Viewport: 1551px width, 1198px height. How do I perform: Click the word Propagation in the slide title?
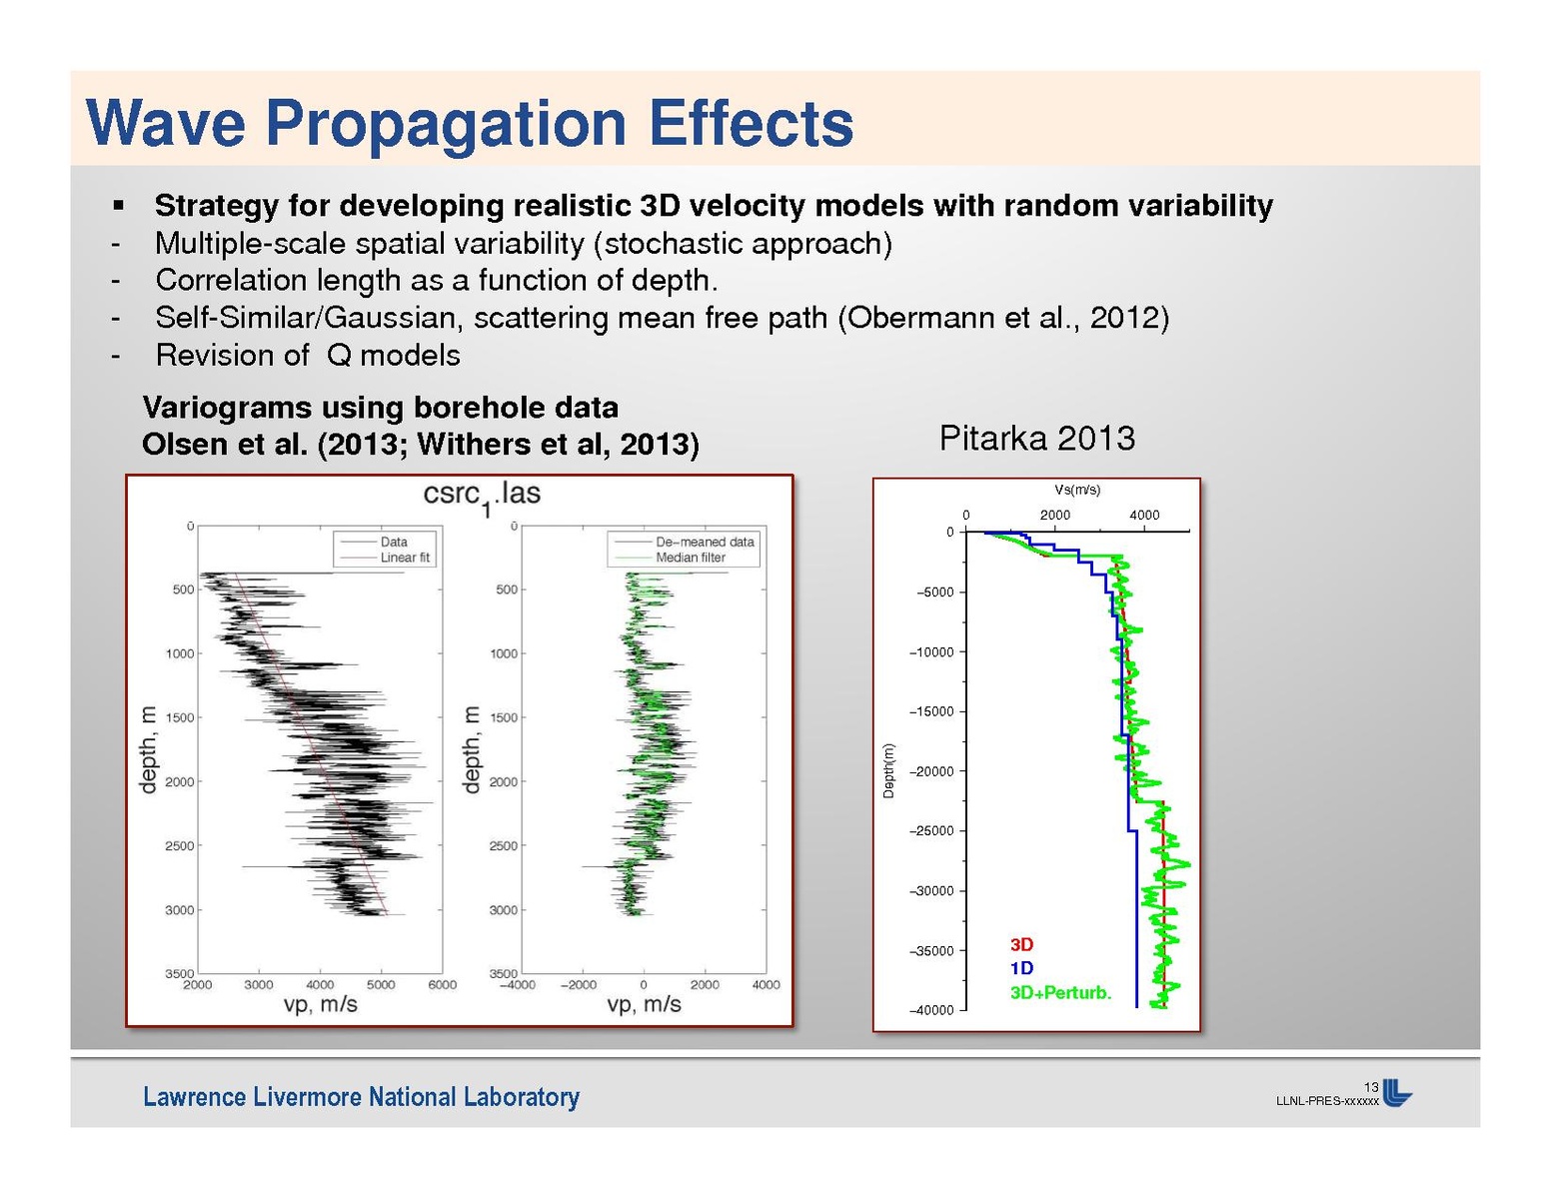(x=446, y=124)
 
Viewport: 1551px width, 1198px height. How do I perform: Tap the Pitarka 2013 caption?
(x=1036, y=439)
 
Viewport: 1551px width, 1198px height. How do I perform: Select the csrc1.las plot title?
(x=482, y=495)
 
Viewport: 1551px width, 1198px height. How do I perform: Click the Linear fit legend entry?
(x=404, y=558)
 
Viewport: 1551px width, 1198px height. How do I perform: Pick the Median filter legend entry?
(x=690, y=558)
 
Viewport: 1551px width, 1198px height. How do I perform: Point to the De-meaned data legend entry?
(x=704, y=542)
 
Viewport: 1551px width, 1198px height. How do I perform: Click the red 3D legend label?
(x=1021, y=944)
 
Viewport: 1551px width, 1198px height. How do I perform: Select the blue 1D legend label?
(x=1021, y=968)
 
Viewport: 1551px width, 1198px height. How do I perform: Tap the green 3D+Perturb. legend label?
(x=1060, y=993)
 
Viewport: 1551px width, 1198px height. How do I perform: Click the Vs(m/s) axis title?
(x=1077, y=490)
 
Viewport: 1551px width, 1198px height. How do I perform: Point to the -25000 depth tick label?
(x=931, y=831)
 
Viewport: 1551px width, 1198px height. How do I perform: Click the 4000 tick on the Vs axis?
(x=1144, y=516)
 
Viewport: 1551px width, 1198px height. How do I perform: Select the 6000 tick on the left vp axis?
(x=442, y=985)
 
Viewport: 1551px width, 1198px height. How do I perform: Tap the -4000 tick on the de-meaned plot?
(x=520, y=985)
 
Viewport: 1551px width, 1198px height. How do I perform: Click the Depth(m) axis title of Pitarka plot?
(x=888, y=770)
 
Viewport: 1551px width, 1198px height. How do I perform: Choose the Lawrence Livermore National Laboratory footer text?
(x=361, y=1097)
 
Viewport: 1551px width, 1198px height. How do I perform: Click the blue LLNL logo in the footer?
(x=1397, y=1094)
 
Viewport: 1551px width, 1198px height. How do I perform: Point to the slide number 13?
(x=1371, y=1087)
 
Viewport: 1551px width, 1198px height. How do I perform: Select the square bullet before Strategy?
(x=118, y=206)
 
